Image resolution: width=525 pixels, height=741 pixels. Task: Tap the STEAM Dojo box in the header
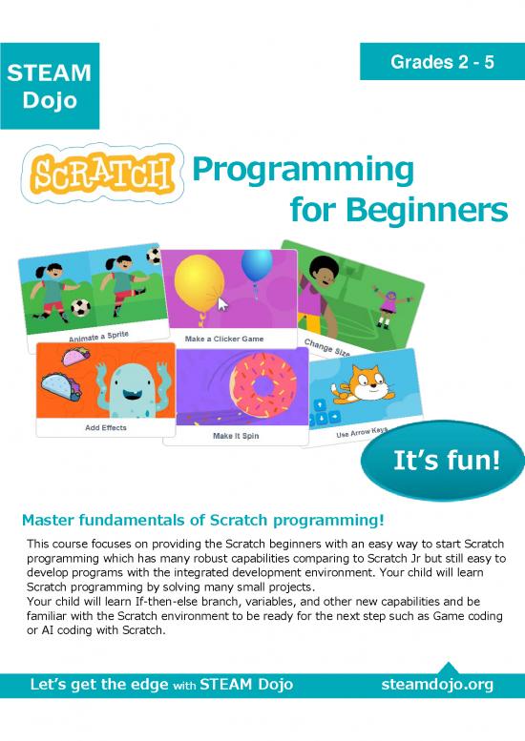48,87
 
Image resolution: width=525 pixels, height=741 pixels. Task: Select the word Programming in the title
304,170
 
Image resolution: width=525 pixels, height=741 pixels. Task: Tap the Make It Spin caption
235,436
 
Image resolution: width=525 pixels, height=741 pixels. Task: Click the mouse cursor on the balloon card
223,305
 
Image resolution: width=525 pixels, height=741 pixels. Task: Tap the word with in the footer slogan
187,686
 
